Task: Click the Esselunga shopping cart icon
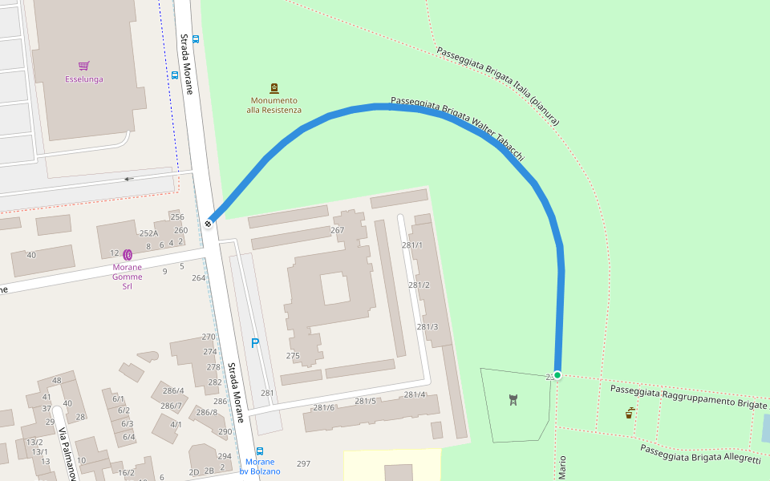click(83, 66)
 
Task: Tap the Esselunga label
click(83, 79)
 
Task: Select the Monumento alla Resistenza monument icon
click(274, 88)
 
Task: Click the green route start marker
click(557, 375)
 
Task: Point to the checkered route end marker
click(209, 224)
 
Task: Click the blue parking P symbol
click(255, 343)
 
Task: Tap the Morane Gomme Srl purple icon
click(128, 254)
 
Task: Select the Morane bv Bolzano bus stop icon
click(259, 451)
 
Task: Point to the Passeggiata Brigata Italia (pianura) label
click(497, 85)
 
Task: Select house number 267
click(337, 230)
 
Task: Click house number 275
click(292, 356)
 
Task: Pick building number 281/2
click(419, 285)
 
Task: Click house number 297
click(303, 463)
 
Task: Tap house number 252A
click(148, 233)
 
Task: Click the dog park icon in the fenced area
click(513, 399)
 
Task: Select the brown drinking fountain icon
click(630, 413)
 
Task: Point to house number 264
click(198, 278)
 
